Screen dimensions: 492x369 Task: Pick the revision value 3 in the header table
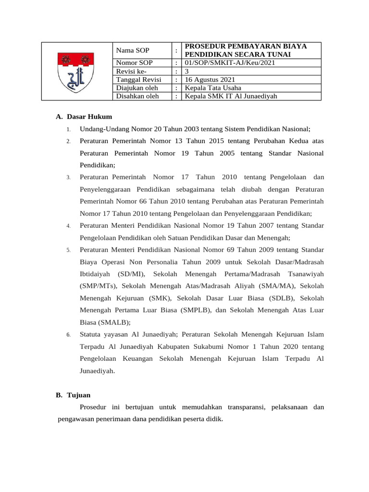coord(187,71)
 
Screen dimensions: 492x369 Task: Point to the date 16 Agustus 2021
coord(210,79)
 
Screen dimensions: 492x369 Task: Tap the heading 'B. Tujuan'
coord(73,395)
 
